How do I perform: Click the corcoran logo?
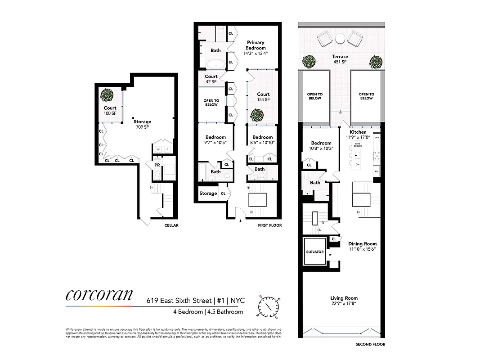[99, 295]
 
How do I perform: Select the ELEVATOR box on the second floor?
[315, 252]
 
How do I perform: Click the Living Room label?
[344, 298]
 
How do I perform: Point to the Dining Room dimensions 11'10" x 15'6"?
[362, 249]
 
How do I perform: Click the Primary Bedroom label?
[256, 45]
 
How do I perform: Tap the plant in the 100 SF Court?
[107, 95]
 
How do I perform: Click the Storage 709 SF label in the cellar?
[142, 124]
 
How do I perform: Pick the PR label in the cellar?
[157, 165]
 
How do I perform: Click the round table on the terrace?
[340, 39]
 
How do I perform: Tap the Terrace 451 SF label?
[340, 59]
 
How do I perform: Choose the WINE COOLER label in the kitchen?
[358, 144]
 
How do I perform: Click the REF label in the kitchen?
[377, 172]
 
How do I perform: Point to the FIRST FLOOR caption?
[270, 225]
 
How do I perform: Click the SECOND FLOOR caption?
[370, 344]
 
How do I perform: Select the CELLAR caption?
[171, 225]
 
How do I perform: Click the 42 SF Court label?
[211, 79]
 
